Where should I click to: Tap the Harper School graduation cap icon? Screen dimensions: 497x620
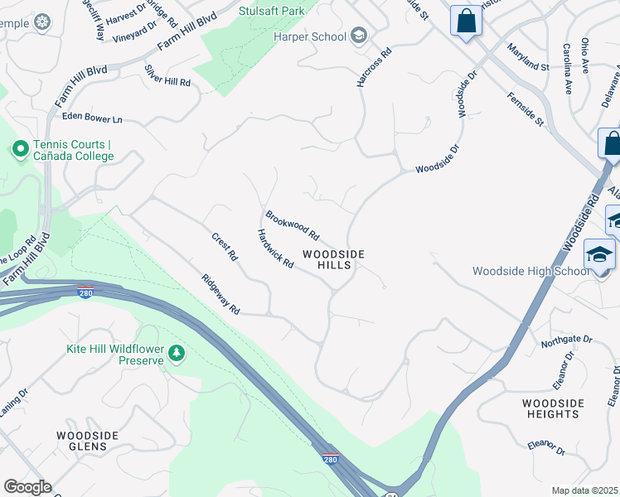tap(359, 35)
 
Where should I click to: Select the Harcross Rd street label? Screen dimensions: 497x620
tap(361, 73)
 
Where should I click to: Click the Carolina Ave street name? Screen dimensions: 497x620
tap(568, 70)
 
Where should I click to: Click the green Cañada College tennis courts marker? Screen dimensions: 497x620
tap(20, 149)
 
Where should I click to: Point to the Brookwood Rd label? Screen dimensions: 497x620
tap(292, 226)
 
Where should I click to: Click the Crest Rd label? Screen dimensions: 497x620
tap(224, 247)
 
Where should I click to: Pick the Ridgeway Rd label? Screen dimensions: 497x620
tap(220, 294)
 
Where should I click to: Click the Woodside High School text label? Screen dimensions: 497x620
tap(530, 272)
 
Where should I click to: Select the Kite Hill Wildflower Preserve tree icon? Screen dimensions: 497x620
tap(176, 354)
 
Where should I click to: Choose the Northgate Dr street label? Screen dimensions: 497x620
tap(566, 340)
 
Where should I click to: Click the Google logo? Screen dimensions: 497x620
tap(27, 487)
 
